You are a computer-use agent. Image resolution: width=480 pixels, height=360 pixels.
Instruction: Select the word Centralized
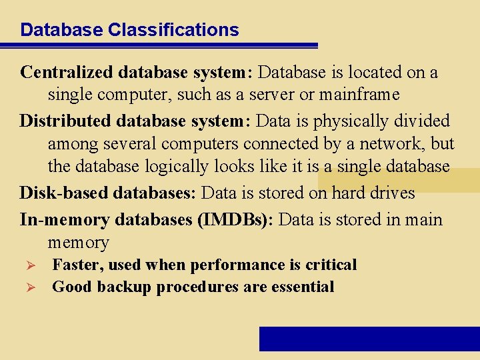click(68, 72)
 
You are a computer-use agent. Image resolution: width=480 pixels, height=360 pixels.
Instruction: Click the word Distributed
click(65, 121)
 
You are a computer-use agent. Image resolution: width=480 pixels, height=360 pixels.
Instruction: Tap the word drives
click(389, 193)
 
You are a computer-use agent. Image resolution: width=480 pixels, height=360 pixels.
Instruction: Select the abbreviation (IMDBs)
click(236, 220)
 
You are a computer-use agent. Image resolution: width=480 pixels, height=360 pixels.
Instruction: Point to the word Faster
click(75, 265)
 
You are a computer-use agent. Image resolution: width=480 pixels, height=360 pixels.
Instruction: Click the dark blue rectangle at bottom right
click(369, 339)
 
